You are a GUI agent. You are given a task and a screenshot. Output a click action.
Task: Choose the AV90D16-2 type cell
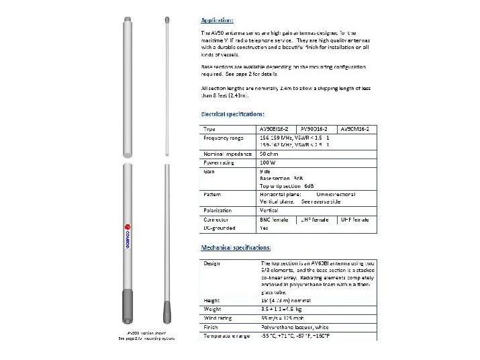click(x=315, y=128)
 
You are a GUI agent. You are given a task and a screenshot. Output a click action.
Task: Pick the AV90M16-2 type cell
click(x=358, y=128)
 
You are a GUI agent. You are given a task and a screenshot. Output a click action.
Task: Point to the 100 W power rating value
click(x=268, y=162)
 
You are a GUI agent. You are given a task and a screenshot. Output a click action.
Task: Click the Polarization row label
click(x=218, y=210)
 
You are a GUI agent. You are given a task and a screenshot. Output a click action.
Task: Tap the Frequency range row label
click(x=224, y=137)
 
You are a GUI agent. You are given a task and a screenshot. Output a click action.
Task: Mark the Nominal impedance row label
click(x=227, y=154)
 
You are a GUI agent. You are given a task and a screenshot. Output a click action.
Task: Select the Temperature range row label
click(x=228, y=334)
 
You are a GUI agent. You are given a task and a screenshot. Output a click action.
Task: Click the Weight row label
click(x=214, y=308)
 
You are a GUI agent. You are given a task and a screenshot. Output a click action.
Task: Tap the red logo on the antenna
click(x=127, y=232)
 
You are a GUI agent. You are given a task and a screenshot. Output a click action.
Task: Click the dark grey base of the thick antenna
click(x=127, y=308)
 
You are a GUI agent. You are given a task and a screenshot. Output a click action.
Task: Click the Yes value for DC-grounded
click(x=264, y=227)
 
